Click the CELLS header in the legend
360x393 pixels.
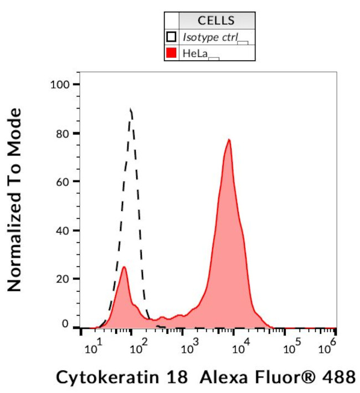click(216, 21)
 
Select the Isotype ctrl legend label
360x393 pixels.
click(209, 37)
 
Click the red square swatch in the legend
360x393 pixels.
click(172, 53)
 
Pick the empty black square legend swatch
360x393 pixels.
click(172, 37)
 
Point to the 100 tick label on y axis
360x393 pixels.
click(58, 85)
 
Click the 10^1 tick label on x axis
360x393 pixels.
click(92, 349)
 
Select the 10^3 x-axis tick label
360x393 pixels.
click(190, 349)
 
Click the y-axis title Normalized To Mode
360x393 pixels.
click(15, 199)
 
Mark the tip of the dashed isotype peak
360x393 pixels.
click(131, 110)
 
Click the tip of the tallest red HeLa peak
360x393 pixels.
click(228, 139)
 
